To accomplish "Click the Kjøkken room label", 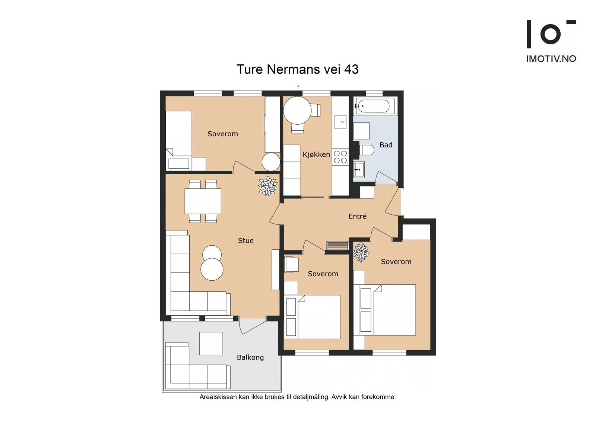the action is point(316,154).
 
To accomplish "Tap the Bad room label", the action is point(386,145).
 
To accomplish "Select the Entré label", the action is point(357,216).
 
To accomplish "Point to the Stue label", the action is point(245,241).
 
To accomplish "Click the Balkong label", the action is point(250,357).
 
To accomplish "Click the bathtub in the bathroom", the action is point(375,106).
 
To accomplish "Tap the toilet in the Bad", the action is point(366,150).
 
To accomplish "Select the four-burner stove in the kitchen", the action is point(340,157).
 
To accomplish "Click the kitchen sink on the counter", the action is point(340,122).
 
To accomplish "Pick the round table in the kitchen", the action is point(297,111).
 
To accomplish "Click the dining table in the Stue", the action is point(203,201).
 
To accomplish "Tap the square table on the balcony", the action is point(211,343).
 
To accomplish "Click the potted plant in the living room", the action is point(268,186).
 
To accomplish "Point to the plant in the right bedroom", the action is point(361,252).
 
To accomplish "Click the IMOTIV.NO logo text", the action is point(551,59).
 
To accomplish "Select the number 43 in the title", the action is point(351,69).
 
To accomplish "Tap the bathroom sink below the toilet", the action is point(359,169).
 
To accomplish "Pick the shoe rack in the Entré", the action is point(337,246).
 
